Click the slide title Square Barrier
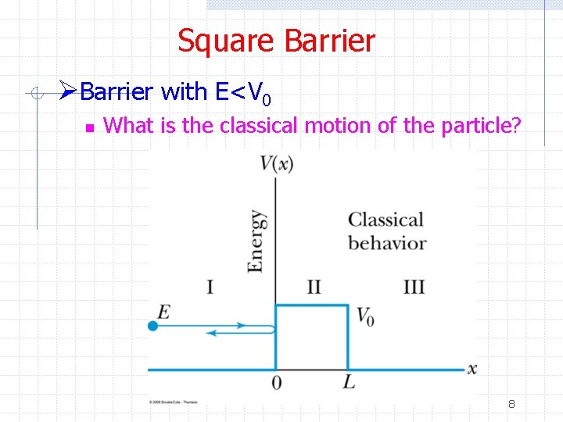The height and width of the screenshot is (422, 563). pyautogui.click(x=276, y=41)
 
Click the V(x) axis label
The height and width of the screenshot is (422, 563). pyautogui.click(x=276, y=163)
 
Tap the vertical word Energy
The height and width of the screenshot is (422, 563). pyautogui.click(x=256, y=241)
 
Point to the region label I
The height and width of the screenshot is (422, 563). pyautogui.click(x=210, y=287)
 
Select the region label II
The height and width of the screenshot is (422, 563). pyautogui.click(x=313, y=287)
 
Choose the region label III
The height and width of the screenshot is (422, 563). pyautogui.click(x=414, y=287)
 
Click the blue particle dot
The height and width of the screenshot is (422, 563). pyautogui.click(x=152, y=326)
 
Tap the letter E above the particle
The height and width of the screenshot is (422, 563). pyautogui.click(x=163, y=312)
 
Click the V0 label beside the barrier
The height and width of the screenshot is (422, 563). pyautogui.click(x=364, y=316)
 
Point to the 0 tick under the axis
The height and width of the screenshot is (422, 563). pyautogui.click(x=276, y=383)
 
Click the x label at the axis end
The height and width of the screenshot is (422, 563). pyautogui.click(x=472, y=368)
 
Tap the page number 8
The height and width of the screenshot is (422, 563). pyautogui.click(x=511, y=404)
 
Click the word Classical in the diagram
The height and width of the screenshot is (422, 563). pyautogui.click(x=385, y=220)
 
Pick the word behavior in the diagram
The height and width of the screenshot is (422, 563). pyautogui.click(x=387, y=243)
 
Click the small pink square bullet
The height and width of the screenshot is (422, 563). pyautogui.click(x=89, y=126)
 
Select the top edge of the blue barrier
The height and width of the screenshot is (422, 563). pyautogui.click(x=311, y=306)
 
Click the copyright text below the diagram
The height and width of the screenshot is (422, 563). pyautogui.click(x=173, y=402)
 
